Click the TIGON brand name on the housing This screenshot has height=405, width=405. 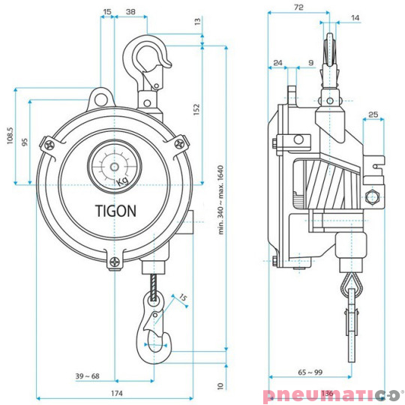click(115, 211)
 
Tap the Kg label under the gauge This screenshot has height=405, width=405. click(122, 182)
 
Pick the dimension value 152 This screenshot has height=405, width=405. click(196, 109)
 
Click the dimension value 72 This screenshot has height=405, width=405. click(298, 7)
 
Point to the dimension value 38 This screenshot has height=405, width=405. click(131, 12)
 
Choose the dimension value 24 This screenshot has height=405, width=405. click(278, 63)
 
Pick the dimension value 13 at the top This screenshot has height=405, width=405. click(197, 23)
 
